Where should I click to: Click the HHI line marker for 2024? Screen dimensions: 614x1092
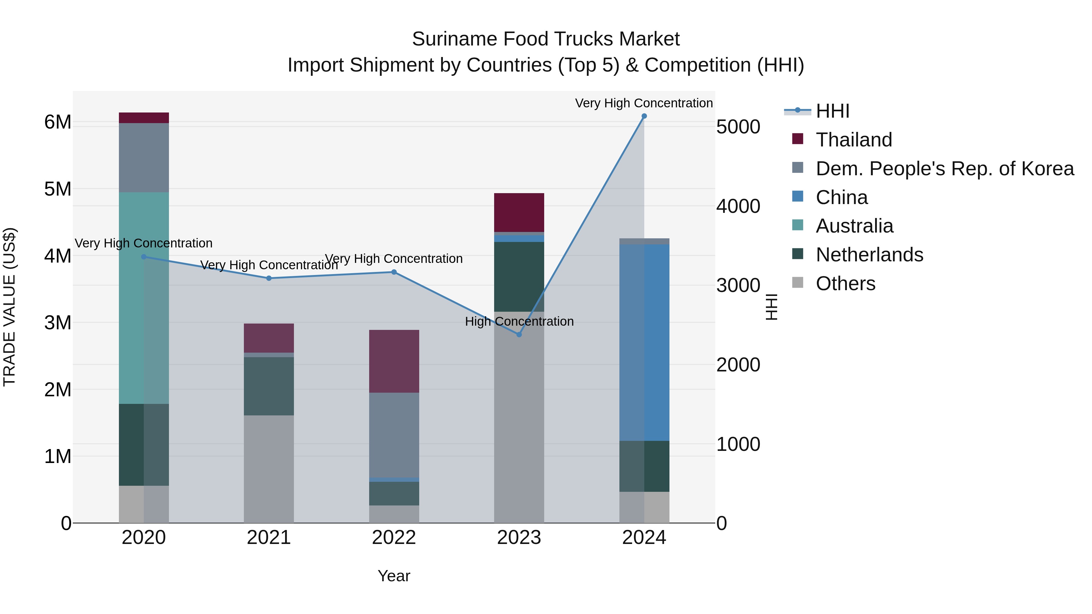point(644,116)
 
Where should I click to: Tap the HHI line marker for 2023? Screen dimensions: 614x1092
point(519,334)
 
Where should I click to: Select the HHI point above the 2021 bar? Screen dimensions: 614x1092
point(269,278)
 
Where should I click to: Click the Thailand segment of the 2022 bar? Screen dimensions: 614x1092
point(394,361)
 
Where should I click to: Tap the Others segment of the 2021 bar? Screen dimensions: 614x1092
point(269,469)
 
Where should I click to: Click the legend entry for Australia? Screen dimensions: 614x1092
point(854,226)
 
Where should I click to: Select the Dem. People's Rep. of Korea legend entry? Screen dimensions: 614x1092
point(945,169)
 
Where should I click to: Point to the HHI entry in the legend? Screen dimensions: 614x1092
point(832,111)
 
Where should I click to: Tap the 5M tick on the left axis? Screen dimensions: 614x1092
point(58,189)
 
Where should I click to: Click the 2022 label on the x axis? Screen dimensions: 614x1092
point(394,538)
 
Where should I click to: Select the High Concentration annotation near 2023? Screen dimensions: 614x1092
point(519,321)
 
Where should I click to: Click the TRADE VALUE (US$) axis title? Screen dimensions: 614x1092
point(9,307)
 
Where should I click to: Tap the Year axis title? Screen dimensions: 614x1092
point(394,576)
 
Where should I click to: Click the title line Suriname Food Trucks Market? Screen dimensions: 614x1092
point(546,39)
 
